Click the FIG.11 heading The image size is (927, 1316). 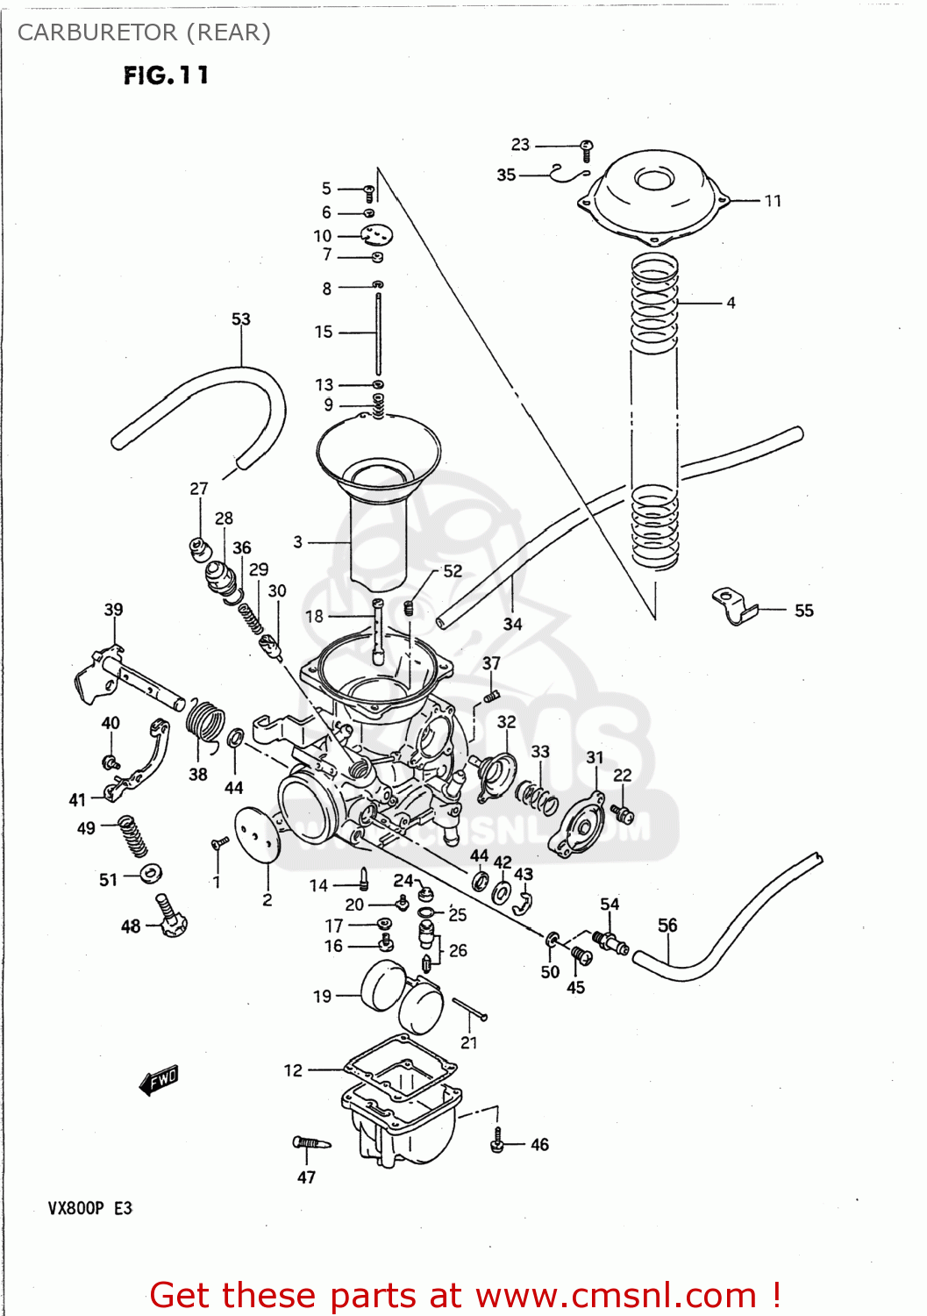pyautogui.click(x=166, y=75)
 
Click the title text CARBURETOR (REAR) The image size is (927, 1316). pyautogui.click(x=144, y=32)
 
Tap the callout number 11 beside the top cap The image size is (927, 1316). pyautogui.click(x=772, y=201)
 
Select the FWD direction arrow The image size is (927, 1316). pyautogui.click(x=159, y=1080)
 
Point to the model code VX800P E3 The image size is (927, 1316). pyautogui.click(x=89, y=1208)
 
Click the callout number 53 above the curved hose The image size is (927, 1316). pyautogui.click(x=240, y=319)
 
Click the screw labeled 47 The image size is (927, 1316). pyautogui.click(x=310, y=1142)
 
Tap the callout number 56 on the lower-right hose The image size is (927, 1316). pyautogui.click(x=667, y=925)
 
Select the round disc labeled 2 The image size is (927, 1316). pyautogui.click(x=256, y=834)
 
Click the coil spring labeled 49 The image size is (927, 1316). pyautogui.click(x=132, y=835)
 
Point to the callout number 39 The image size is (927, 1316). pyautogui.click(x=113, y=609)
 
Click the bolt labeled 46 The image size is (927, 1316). pyautogui.click(x=497, y=1141)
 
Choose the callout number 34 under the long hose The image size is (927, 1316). pyautogui.click(x=512, y=624)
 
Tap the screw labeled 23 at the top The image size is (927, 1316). pyautogui.click(x=588, y=149)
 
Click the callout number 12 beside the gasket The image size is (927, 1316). pyautogui.click(x=293, y=1070)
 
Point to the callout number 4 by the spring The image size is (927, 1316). pyautogui.click(x=731, y=303)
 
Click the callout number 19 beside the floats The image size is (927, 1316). pyautogui.click(x=323, y=996)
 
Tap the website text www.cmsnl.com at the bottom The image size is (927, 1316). pyautogui.click(x=616, y=1295)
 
